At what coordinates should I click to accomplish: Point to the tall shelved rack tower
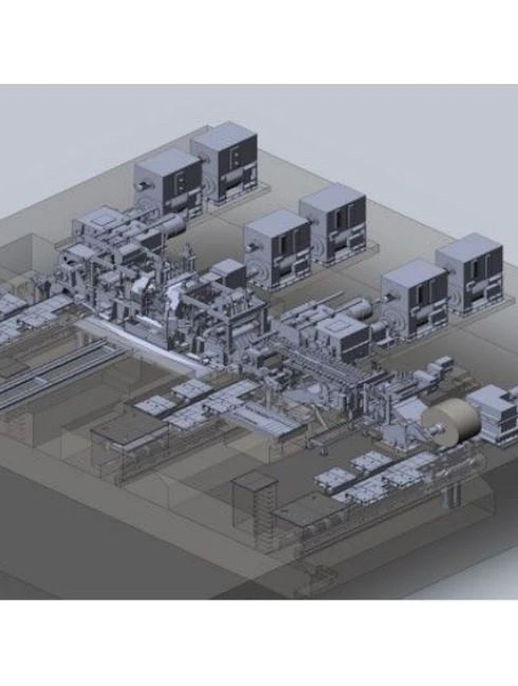click(x=254, y=510)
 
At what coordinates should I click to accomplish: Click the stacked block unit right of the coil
click(x=493, y=413)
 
